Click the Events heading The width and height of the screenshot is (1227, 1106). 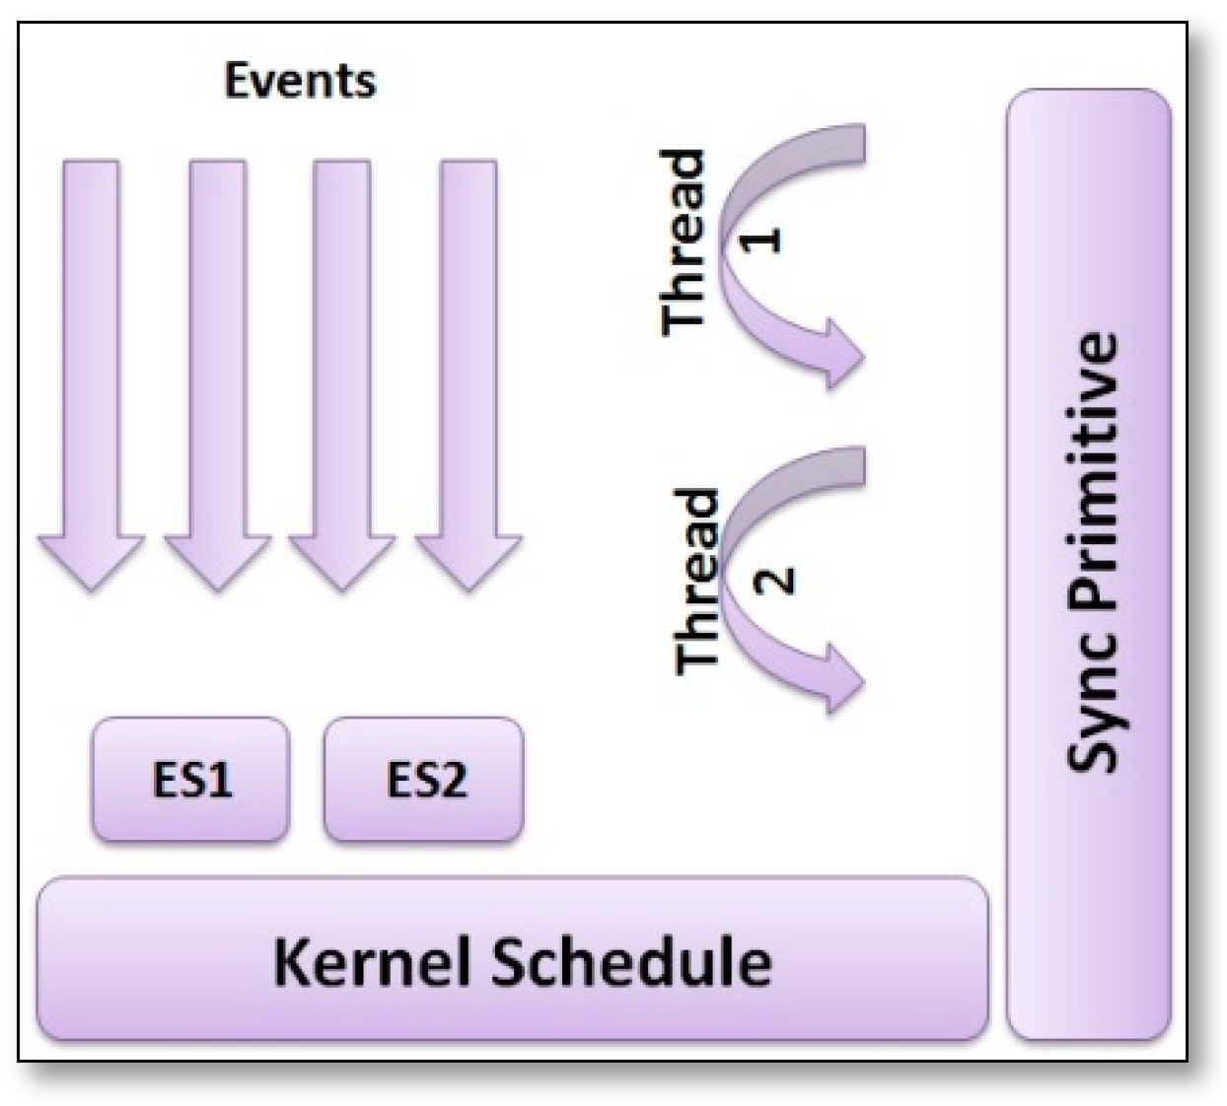300,80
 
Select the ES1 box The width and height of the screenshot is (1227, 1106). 190,780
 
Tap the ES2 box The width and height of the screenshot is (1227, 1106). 424,780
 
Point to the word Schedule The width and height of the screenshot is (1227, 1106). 631,960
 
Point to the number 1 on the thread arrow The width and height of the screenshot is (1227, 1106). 761,239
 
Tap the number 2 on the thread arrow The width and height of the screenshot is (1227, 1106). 775,578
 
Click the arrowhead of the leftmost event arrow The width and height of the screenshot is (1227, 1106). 91,562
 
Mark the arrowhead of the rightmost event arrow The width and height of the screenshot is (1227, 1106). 468,562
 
